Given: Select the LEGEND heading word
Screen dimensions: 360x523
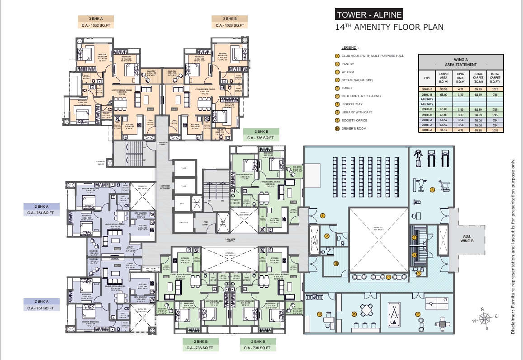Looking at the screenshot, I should tap(349, 47).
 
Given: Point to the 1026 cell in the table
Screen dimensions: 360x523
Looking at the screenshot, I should tap(495, 89).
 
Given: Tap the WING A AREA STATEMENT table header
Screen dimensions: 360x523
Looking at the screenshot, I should tap(461, 62).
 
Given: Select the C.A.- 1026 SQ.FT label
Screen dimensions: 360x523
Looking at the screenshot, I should tap(230, 26).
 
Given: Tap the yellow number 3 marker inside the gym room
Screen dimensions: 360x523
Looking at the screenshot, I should tap(432, 190).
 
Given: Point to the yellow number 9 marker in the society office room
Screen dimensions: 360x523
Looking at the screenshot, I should tap(319, 314).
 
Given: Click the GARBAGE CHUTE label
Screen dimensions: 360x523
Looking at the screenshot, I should tap(100, 163).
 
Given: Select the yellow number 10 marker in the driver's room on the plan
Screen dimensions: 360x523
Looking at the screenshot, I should tap(335, 263).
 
